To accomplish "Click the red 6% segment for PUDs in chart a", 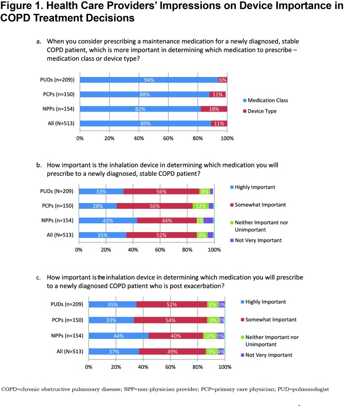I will (223, 80).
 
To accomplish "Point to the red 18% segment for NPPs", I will (214, 109).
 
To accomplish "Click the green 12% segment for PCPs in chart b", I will (200, 206).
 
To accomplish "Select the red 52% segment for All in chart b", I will (161, 235).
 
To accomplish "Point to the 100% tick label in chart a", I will (227, 138).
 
